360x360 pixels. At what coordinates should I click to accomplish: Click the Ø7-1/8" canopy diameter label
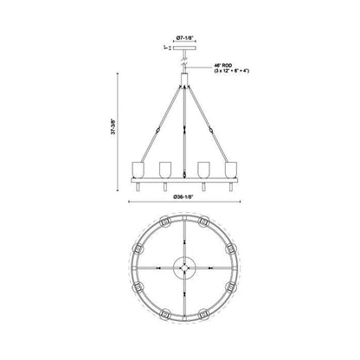[x=183, y=37]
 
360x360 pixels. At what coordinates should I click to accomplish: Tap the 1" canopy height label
[x=165, y=48]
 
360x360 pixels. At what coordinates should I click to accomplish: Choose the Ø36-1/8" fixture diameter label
[x=183, y=197]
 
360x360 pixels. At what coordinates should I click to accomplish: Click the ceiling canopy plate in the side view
[x=183, y=48]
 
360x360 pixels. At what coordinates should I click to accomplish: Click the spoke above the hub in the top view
[x=183, y=234]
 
